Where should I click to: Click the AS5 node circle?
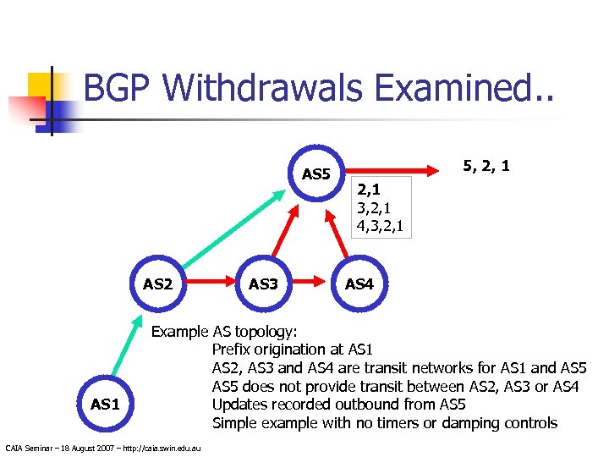click(x=315, y=173)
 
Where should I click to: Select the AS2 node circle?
click(x=157, y=284)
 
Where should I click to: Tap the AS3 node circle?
click(x=263, y=284)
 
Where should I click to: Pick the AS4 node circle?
click(x=359, y=284)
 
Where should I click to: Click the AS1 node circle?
click(x=104, y=404)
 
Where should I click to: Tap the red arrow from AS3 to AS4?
click(x=312, y=283)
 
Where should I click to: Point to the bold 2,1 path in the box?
click(x=369, y=190)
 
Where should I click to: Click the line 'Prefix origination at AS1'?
click(x=292, y=349)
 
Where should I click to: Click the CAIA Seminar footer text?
click(x=102, y=447)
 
